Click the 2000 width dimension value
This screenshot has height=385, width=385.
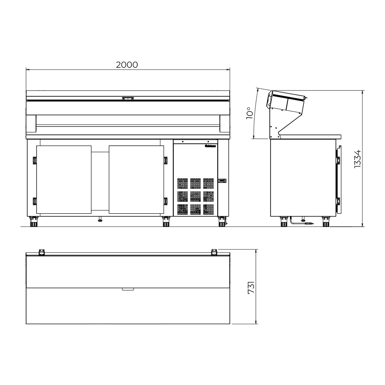[127, 65]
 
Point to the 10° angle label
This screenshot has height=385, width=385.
[249, 114]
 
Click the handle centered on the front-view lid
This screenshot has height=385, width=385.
[127, 99]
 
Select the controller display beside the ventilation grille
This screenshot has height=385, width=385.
[222, 181]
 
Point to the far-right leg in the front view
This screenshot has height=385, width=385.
[222, 222]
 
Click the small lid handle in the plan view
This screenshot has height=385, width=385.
[127, 289]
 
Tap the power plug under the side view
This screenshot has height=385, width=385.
[308, 223]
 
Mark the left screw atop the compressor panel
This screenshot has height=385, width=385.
[183, 141]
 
